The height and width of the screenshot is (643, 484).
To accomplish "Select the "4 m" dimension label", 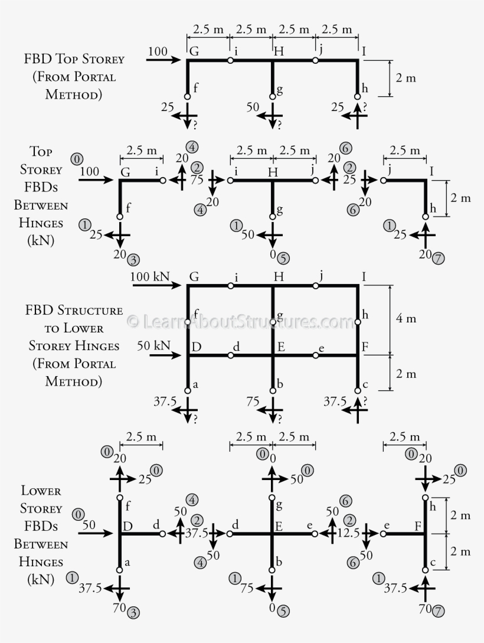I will [x=405, y=319].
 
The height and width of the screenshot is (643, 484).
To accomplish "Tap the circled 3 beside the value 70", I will [x=134, y=613].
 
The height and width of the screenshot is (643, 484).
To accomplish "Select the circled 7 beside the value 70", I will [x=439, y=611].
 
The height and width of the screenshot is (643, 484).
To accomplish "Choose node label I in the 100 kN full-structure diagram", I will [x=365, y=276].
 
